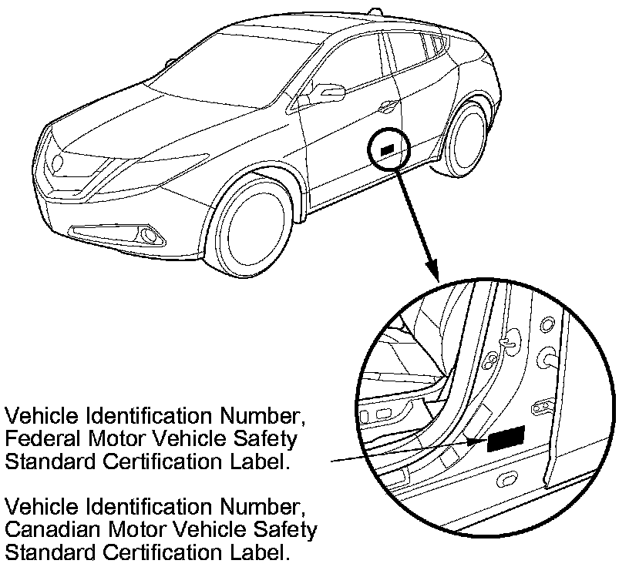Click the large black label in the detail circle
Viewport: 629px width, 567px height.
(x=506, y=438)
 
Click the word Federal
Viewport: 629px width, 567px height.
(x=38, y=440)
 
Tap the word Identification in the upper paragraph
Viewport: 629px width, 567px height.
(x=154, y=417)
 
